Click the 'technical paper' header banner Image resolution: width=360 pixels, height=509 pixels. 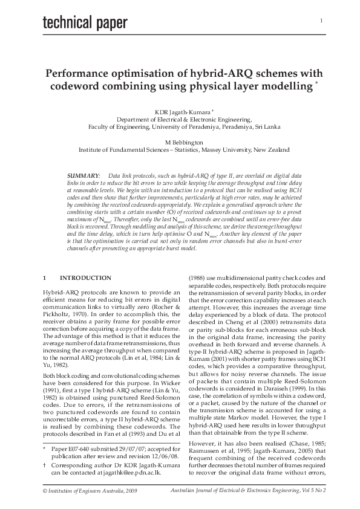[x=85, y=22]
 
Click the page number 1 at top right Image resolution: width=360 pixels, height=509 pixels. [x=321, y=21]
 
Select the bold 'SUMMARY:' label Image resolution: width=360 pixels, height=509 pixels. [x=83, y=174]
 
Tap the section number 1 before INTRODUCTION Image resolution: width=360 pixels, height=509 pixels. [x=44, y=277]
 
